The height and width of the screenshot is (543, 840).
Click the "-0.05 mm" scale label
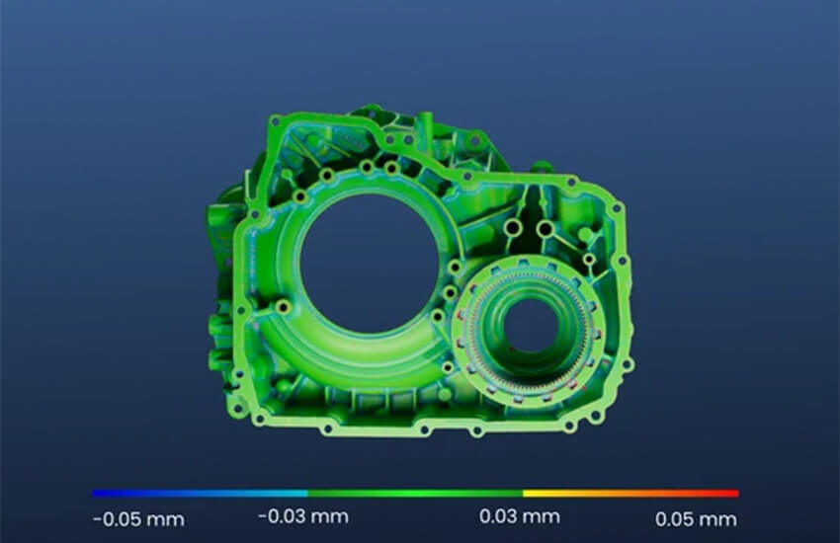(138, 519)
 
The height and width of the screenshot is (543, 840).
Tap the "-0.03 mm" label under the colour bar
(303, 516)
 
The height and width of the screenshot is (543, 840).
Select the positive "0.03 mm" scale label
(520, 516)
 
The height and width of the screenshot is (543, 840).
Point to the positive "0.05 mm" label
(696, 519)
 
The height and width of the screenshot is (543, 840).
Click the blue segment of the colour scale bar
(200, 494)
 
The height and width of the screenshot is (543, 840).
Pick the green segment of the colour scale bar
(415, 494)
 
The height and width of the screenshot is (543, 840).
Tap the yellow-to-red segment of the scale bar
(631, 494)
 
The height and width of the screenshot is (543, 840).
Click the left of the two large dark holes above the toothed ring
(513, 228)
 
